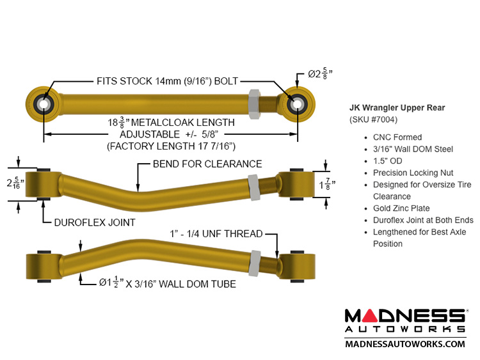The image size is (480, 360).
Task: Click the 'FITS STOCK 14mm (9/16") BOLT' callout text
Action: (167, 81)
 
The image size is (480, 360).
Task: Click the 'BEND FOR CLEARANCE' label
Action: (207, 164)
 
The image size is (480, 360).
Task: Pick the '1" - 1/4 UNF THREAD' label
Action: (216, 234)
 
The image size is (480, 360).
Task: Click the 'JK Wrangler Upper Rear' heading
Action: (397, 107)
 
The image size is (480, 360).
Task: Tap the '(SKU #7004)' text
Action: (373, 120)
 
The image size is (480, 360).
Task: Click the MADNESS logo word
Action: (404, 316)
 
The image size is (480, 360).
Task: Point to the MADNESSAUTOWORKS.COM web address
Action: (404, 344)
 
